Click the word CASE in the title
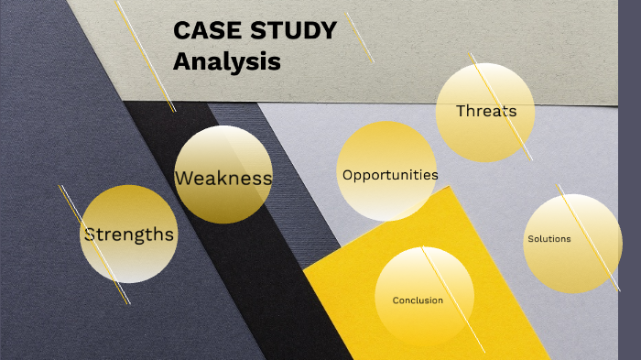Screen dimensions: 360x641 [x=204, y=31]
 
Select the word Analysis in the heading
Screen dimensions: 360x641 [x=226, y=62]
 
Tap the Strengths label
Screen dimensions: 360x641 [x=129, y=235]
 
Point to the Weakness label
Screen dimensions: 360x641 [x=223, y=178]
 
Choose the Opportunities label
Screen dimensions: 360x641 [x=390, y=175]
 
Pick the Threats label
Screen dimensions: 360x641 [x=486, y=112]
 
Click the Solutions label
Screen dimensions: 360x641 [x=549, y=239]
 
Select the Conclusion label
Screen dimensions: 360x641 [x=418, y=300]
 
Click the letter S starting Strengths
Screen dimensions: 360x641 [x=90, y=235]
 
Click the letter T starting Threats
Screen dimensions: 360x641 [x=462, y=112]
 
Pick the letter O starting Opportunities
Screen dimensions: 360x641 [x=348, y=175]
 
